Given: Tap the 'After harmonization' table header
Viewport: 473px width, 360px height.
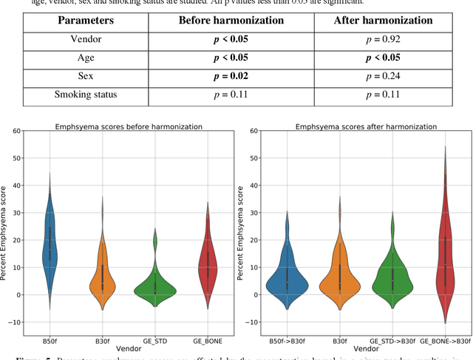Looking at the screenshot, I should (384, 20).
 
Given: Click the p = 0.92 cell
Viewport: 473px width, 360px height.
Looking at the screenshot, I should (384, 40).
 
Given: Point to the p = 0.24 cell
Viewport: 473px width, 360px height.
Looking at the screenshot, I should (384, 76).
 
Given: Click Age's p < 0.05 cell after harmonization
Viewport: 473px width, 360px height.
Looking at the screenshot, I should (384, 58).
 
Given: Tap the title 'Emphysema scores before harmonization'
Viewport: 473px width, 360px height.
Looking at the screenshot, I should (129, 126).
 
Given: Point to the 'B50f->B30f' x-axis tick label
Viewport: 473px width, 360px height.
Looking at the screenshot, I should (287, 341).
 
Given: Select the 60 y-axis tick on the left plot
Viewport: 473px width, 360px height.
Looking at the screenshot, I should (15, 132).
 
